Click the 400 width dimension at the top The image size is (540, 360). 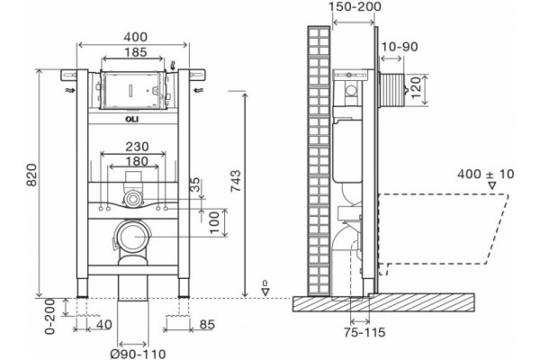tap(137, 37)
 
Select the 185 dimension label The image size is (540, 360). tap(137, 52)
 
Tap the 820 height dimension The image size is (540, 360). tap(32, 175)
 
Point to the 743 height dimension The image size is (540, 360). tap(236, 181)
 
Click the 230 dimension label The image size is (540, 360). tap(137, 147)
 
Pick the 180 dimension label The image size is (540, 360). tap(137, 161)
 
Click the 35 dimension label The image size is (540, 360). tap(195, 184)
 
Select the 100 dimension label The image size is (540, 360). tap(214, 222)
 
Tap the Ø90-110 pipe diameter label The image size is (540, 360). tap(138, 354)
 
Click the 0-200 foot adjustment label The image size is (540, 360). tap(50, 317)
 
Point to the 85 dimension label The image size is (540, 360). tap(207, 324)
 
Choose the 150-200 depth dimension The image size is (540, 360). tap(355, 6)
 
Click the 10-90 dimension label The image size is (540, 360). tap(400, 47)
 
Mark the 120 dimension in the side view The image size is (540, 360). tap(416, 87)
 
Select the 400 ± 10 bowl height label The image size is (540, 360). tap(486, 174)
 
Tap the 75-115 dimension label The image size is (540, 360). tap(364, 332)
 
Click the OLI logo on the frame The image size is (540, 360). tap(132, 119)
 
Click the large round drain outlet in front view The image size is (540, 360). tap(133, 237)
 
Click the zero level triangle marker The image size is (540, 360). tap(265, 292)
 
